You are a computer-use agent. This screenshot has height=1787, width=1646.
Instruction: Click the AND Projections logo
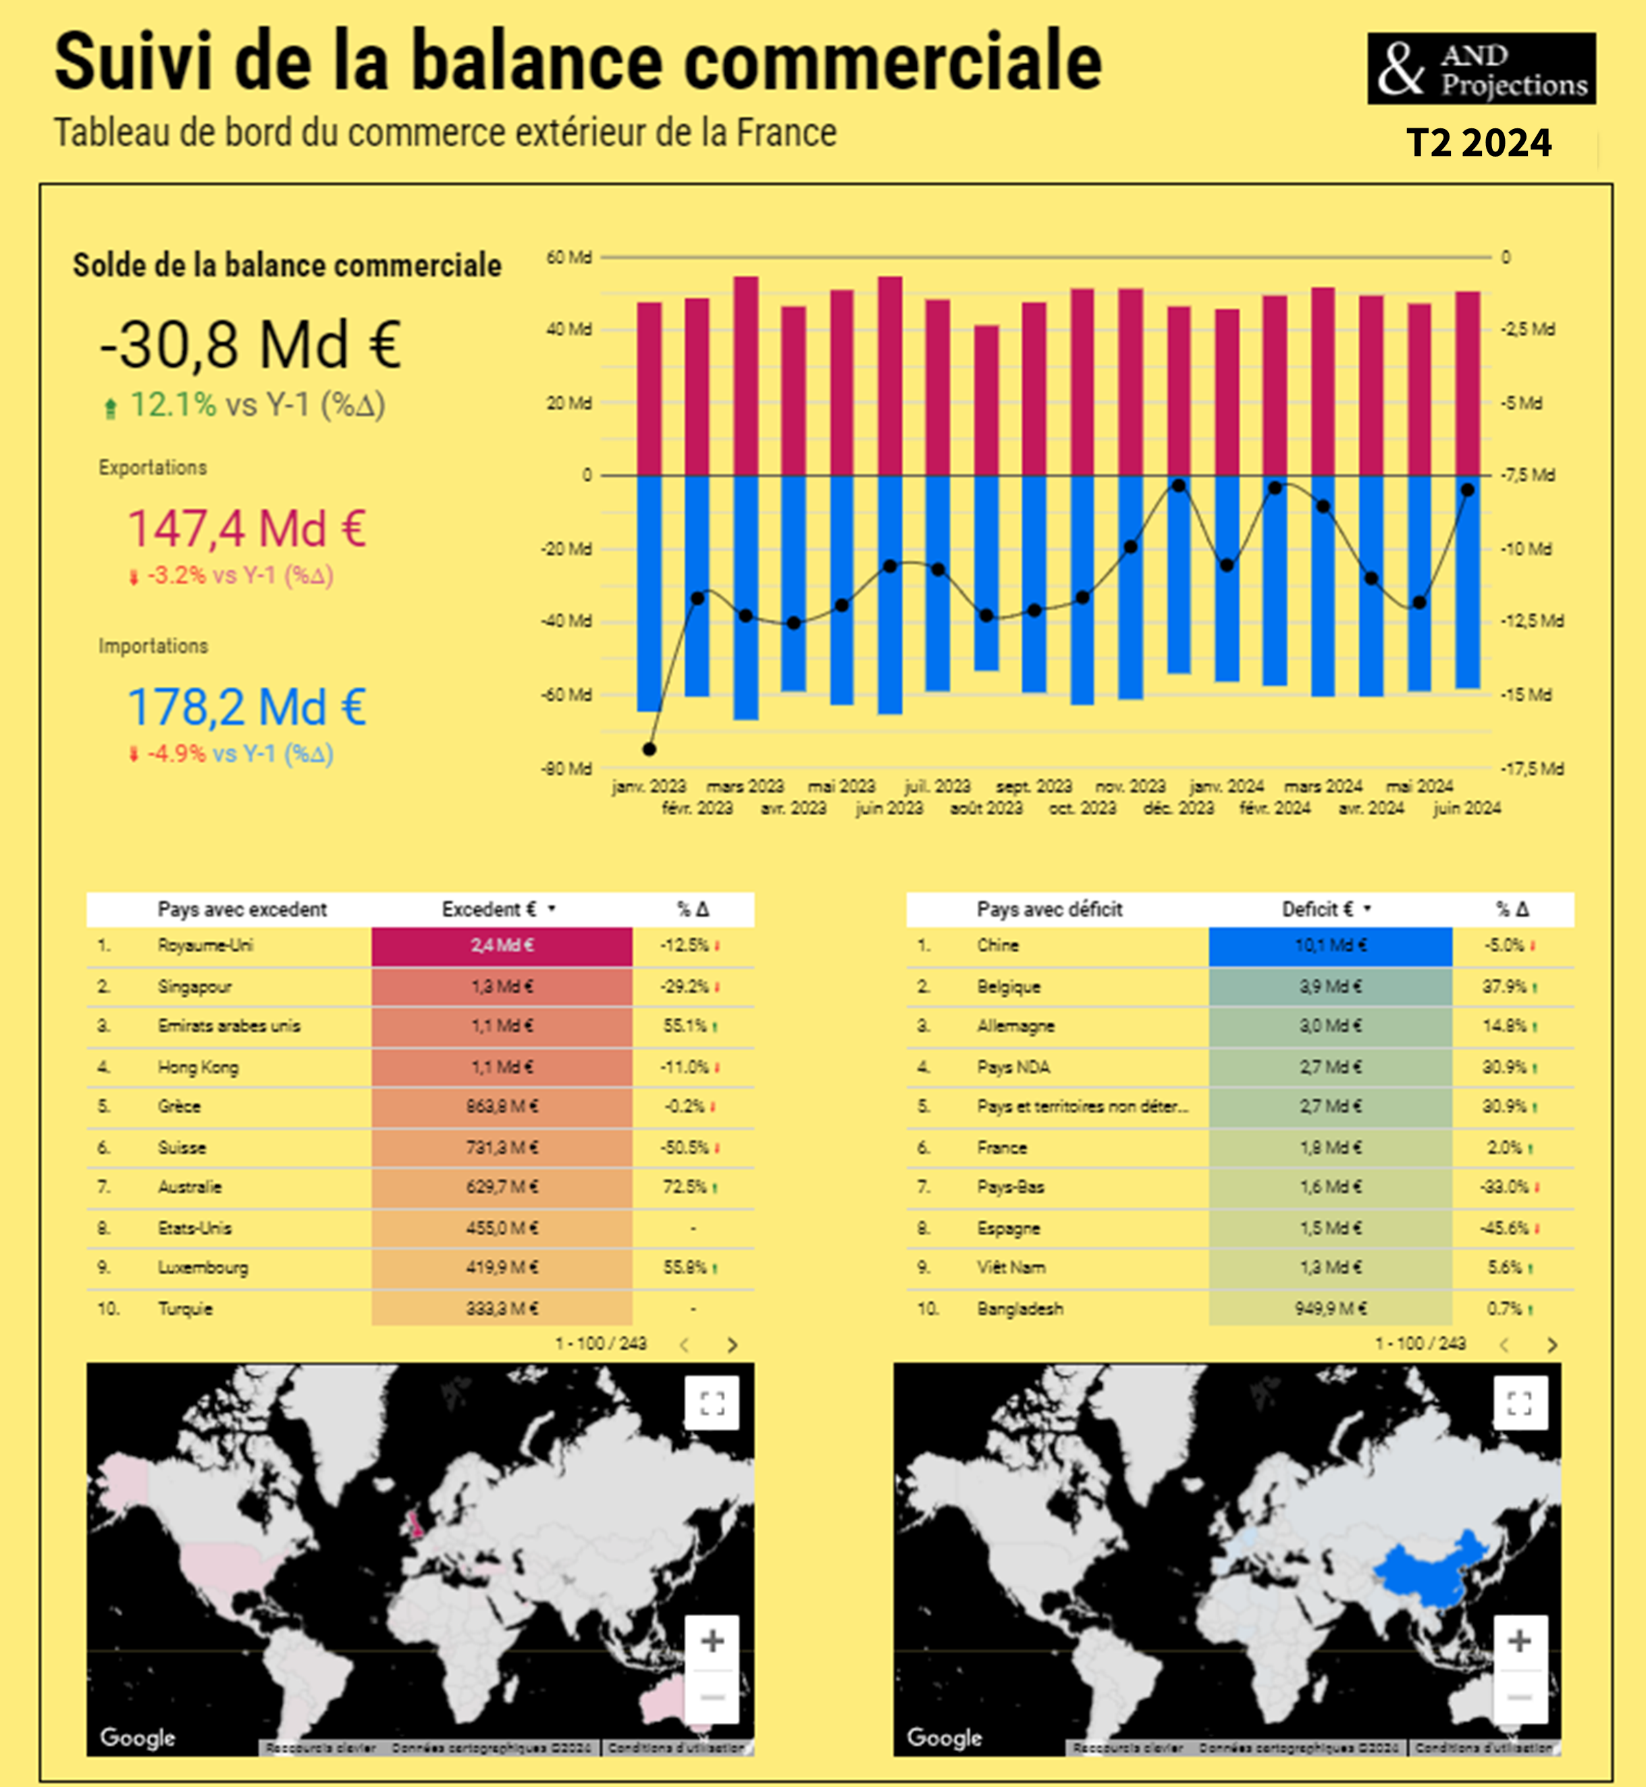click(x=1481, y=69)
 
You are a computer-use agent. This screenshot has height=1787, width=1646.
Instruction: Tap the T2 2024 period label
click(x=1479, y=143)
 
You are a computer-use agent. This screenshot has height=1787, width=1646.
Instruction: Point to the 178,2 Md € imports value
click(x=246, y=707)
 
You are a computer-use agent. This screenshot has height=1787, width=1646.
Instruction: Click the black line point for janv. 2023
click(x=649, y=749)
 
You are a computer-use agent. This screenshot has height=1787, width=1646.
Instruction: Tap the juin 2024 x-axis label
click(x=1466, y=808)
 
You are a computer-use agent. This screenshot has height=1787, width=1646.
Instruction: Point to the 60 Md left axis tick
click(x=568, y=257)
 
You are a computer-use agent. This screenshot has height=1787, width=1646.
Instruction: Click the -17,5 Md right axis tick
click(x=1532, y=768)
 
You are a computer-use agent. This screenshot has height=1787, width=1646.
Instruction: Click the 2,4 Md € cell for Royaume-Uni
click(x=502, y=946)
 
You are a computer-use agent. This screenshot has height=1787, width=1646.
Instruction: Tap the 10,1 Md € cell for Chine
click(x=1330, y=946)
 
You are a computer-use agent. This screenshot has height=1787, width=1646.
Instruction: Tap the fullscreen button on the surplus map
click(x=712, y=1403)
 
